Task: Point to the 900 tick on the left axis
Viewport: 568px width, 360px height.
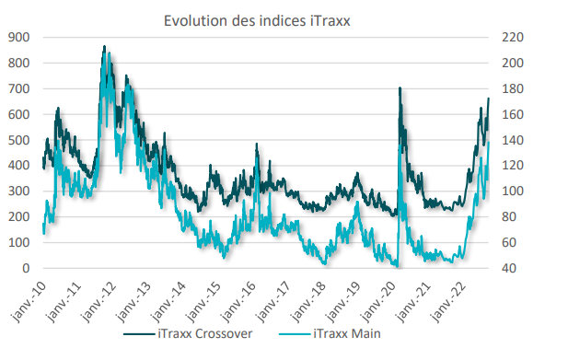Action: coord(18,37)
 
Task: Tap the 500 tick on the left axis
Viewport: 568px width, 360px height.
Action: coord(18,140)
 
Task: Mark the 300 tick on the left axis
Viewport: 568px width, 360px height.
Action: coord(18,192)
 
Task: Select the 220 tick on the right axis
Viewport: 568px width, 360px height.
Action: coord(512,37)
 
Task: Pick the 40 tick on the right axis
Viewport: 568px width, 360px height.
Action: coord(509,269)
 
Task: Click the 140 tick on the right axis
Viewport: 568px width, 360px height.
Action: coord(512,140)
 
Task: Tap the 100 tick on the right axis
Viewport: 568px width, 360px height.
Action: coord(512,192)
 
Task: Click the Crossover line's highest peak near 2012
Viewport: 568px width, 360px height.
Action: coord(104,47)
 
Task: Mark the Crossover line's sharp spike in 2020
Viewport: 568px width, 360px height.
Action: coord(400,88)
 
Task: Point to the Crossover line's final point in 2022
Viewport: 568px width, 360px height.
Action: coord(488,99)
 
